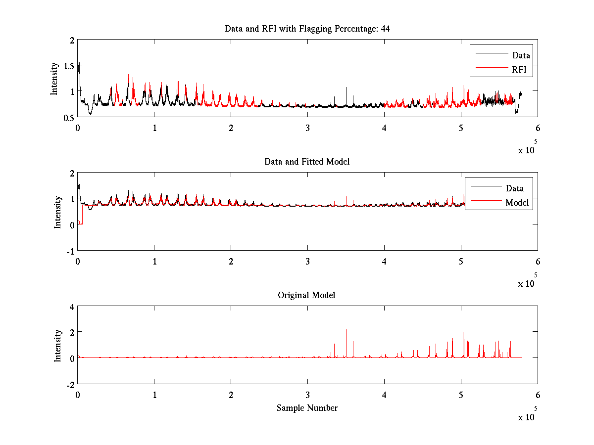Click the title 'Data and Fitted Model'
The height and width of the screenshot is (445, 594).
click(x=307, y=162)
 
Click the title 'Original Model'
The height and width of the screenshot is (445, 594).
click(x=306, y=295)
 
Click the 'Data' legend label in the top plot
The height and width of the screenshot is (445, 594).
click(x=521, y=55)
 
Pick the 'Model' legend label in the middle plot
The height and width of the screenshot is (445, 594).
click(x=517, y=202)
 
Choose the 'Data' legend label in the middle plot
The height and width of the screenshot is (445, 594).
click(x=514, y=188)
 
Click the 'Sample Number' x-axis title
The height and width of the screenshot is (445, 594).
click(x=307, y=408)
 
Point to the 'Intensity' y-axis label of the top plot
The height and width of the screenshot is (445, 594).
click(x=55, y=78)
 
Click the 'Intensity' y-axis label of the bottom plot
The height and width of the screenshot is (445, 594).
click(x=58, y=345)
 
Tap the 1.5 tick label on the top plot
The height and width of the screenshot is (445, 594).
click(x=69, y=66)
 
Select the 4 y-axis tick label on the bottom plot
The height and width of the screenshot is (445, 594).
click(x=72, y=307)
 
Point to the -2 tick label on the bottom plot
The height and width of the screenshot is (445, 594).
click(x=70, y=384)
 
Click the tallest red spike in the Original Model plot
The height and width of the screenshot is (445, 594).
click(x=346, y=330)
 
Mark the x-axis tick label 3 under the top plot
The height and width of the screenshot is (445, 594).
click(x=307, y=128)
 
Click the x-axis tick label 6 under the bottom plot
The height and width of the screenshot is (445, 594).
click(x=538, y=395)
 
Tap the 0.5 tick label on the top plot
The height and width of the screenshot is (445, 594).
click(x=69, y=118)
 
